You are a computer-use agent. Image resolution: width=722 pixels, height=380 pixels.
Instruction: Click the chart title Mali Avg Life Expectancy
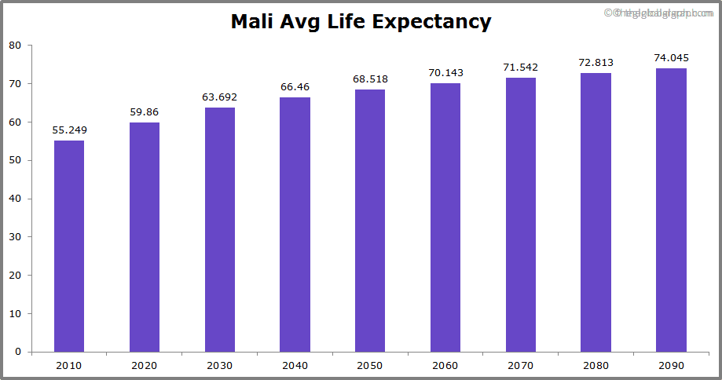(361, 22)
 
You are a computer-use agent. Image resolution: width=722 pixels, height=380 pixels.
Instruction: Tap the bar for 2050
(370, 221)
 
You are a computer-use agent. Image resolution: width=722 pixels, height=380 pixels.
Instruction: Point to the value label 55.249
(69, 130)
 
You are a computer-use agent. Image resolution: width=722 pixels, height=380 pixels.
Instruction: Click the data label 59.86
(145, 112)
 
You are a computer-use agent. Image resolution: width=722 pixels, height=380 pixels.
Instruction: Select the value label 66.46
(295, 87)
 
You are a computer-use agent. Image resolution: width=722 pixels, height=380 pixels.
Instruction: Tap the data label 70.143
(445, 73)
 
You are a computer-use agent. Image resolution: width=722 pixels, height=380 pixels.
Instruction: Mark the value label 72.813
(596, 63)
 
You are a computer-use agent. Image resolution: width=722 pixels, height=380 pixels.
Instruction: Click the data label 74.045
(671, 58)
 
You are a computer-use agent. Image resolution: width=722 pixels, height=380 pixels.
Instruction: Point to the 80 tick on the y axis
(15, 46)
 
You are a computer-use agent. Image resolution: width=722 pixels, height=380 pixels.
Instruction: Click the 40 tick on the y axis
(15, 199)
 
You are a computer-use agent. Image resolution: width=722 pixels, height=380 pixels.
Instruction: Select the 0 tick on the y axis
(18, 352)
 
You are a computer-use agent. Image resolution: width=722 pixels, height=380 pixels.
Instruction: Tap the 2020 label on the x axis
(145, 365)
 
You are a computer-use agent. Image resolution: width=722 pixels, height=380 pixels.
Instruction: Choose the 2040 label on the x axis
(295, 365)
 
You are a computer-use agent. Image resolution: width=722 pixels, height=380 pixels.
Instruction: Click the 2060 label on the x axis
(445, 365)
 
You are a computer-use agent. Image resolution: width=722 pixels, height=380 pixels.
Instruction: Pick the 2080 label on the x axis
(596, 365)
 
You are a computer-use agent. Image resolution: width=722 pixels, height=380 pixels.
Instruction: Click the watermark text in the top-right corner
(660, 13)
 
